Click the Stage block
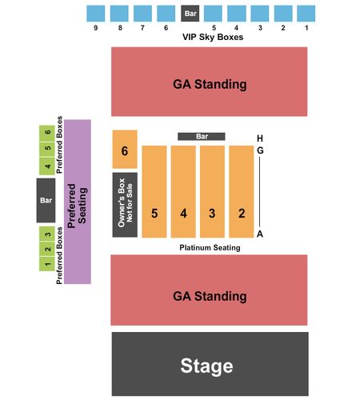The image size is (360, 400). [210, 364]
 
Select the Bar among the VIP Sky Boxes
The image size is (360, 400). [190, 14]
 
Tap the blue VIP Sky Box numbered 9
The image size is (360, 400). [96, 14]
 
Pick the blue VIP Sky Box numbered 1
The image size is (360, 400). [306, 14]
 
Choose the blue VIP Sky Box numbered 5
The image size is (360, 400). [213, 14]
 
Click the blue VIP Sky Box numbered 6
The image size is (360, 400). [166, 14]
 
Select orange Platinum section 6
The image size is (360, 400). [125, 150]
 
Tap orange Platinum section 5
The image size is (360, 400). [154, 191]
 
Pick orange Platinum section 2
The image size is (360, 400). [242, 191]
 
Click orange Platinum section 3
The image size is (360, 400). [212, 191]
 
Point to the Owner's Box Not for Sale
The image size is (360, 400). [125, 205]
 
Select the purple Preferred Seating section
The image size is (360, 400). [78, 202]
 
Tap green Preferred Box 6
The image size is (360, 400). [47, 133]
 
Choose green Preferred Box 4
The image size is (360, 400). [47, 166]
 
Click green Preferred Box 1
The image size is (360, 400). [47, 264]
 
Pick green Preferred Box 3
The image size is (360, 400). [47, 234]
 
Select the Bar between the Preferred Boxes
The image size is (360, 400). [46, 200]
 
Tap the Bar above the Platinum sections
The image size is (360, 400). [202, 137]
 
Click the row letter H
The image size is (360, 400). [260, 138]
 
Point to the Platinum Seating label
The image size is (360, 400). [210, 248]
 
